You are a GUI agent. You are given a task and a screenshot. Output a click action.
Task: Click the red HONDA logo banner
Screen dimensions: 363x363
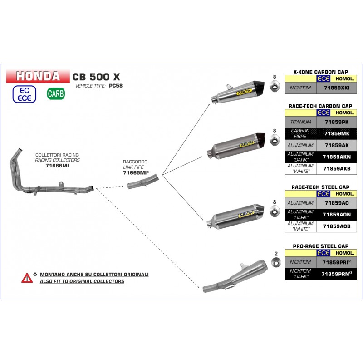pyautogui.click(x=38, y=76)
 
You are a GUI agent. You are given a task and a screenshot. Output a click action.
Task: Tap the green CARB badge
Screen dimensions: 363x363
pyautogui.click(x=56, y=94)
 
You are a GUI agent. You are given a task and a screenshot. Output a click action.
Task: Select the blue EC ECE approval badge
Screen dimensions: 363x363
pyautogui.click(x=25, y=94)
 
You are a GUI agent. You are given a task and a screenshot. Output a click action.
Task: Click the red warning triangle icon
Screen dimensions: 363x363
pyautogui.click(x=27, y=278)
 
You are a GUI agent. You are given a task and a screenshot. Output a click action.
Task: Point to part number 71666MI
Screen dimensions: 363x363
pyautogui.click(x=57, y=166)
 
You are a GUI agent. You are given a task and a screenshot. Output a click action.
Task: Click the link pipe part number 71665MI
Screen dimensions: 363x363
pyautogui.click(x=135, y=173)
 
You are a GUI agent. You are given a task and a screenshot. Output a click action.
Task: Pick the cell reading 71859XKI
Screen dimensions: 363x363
pyautogui.click(x=337, y=88)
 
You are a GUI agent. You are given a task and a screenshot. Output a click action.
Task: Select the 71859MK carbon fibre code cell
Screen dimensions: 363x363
pyautogui.click(x=337, y=133)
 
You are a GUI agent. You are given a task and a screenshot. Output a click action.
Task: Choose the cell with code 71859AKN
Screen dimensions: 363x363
pyautogui.click(x=337, y=157)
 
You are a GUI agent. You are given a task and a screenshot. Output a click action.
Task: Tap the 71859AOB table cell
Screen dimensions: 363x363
pyautogui.click(x=337, y=226)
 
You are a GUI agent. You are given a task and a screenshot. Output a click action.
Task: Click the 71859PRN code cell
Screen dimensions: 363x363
pyautogui.click(x=337, y=274)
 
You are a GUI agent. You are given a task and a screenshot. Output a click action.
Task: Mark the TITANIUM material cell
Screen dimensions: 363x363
pyautogui.click(x=300, y=122)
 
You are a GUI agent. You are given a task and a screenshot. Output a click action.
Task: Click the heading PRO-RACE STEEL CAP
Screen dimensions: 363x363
pyautogui.click(x=321, y=246)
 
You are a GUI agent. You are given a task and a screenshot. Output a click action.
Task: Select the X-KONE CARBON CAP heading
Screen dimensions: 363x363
pyautogui.click(x=321, y=72)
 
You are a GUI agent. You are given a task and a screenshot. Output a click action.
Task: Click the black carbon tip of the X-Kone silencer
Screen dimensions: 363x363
pyautogui.click(x=260, y=85)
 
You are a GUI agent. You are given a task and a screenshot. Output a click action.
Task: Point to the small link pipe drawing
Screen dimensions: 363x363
pyautogui.click(x=143, y=181)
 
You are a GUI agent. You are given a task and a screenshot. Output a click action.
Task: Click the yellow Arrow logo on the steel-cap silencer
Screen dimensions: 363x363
pyautogui.click(x=246, y=215)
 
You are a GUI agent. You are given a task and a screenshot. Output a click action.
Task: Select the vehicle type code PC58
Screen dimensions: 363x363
pyautogui.click(x=116, y=86)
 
